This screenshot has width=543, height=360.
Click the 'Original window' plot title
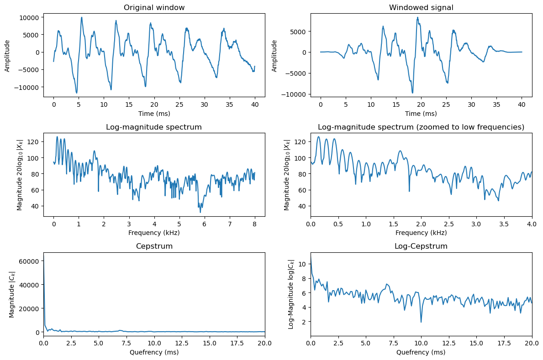point(154,7)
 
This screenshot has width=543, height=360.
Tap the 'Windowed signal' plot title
point(421,7)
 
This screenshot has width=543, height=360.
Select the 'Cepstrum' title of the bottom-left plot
point(154,246)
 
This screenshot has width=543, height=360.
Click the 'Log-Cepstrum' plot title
point(421,246)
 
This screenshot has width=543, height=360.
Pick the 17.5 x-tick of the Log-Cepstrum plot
point(504,344)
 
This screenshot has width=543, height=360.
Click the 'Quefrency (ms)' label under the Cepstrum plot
point(154,352)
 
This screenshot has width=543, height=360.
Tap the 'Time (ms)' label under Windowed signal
point(421,113)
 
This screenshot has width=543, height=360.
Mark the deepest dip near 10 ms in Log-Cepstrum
point(421,322)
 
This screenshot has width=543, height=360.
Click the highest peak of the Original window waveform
point(82,17)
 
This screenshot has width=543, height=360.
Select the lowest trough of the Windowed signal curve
point(412,93)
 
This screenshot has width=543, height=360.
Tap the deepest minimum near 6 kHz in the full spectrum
point(200,212)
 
